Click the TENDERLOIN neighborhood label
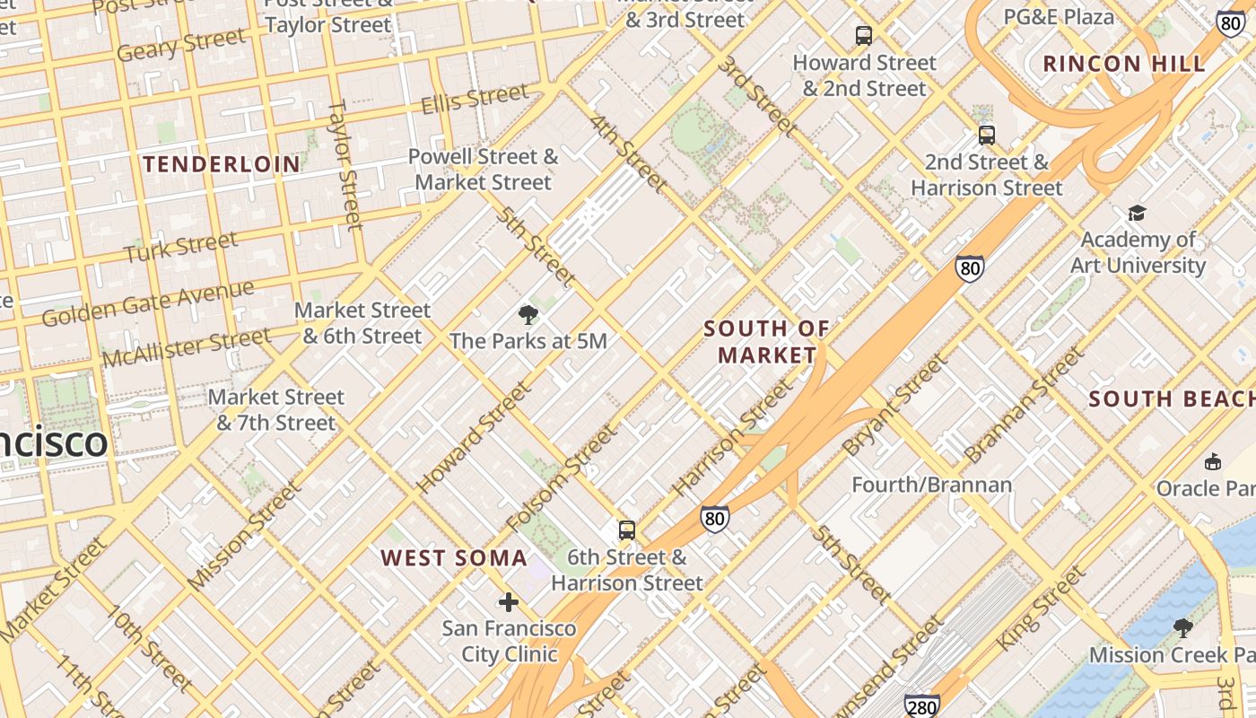pyautogui.click(x=222, y=164)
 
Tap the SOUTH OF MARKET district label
pyautogui.click(x=767, y=342)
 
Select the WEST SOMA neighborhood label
pyautogui.click(x=454, y=558)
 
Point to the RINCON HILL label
pyautogui.click(x=1124, y=64)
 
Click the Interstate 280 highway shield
pyautogui.click(x=922, y=705)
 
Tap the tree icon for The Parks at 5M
pyautogui.click(x=528, y=314)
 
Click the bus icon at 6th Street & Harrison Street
pyautogui.click(x=627, y=530)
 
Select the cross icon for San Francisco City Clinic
pyautogui.click(x=509, y=601)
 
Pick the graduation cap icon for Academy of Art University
pyautogui.click(x=1137, y=213)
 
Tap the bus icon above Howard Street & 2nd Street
pyautogui.click(x=864, y=36)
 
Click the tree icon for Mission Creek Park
pyautogui.click(x=1183, y=627)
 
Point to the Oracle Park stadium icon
pyautogui.click(x=1213, y=461)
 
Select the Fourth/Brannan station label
pyautogui.click(x=931, y=486)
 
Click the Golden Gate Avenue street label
pyautogui.click(x=148, y=303)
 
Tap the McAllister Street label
pyautogui.click(x=186, y=348)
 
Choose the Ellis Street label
pyautogui.click(x=475, y=99)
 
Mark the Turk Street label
pyautogui.click(x=181, y=247)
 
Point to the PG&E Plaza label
pyautogui.click(x=1059, y=16)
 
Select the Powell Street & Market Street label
pyautogui.click(x=483, y=170)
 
